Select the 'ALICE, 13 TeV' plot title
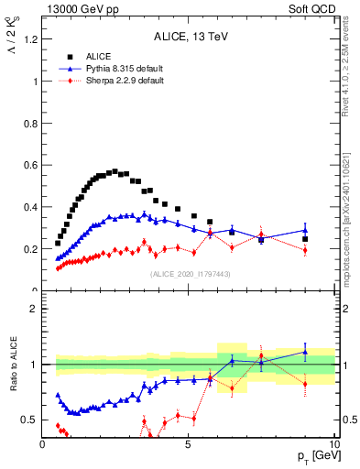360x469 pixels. (189, 37)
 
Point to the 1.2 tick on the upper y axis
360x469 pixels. (30, 39)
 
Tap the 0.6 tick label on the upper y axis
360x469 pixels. (30, 165)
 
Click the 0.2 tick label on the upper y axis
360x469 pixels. (30, 249)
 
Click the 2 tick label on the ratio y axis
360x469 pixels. (33, 309)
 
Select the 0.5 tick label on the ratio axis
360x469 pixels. (30, 420)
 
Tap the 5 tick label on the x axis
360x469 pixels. (189, 444)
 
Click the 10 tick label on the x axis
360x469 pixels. (333, 444)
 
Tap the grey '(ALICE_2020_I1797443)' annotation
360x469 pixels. (189, 274)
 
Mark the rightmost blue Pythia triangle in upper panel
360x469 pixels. (305, 230)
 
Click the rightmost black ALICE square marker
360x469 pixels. (305, 239)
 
